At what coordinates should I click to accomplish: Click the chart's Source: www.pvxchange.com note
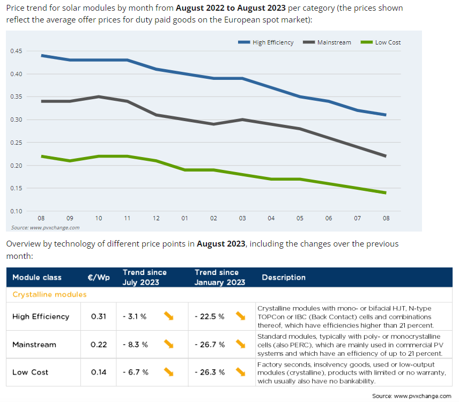[45, 227]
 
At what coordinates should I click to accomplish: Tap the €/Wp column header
[98, 277]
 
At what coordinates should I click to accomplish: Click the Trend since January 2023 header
[220, 277]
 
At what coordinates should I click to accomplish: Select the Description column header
[284, 277]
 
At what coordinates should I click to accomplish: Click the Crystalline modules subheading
[49, 294]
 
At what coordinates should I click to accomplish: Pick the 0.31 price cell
[98, 316]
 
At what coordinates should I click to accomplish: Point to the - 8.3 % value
[135, 344]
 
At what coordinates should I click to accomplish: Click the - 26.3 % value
[209, 372]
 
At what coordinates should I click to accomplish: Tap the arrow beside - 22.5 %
[240, 316]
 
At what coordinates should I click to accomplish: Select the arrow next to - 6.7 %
[169, 372]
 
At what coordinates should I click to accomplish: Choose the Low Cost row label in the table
[30, 372]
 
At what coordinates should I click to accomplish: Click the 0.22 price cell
[98, 344]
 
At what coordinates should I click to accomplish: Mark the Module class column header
[37, 277]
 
